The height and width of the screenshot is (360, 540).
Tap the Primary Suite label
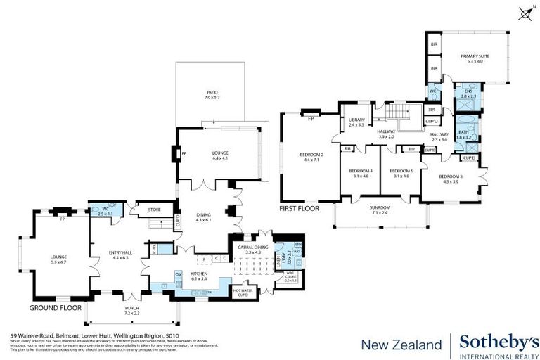(475, 58)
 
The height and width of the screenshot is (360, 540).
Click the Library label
(356, 122)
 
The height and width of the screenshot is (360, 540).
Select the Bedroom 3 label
(449, 179)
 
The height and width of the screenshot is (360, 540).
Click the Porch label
(133, 309)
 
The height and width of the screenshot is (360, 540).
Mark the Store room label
(154, 209)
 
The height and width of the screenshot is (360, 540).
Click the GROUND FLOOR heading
(55, 308)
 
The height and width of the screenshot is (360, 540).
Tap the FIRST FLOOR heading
(300, 208)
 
